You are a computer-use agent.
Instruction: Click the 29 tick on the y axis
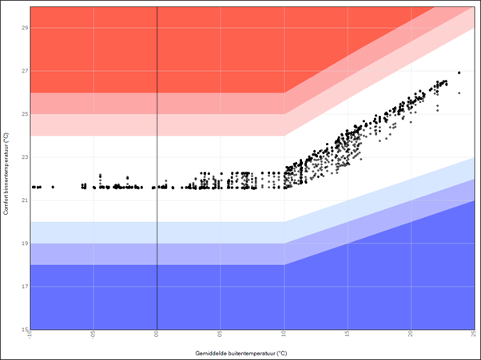pyautogui.click(x=25, y=28)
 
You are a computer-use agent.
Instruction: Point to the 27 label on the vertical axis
pyautogui.click(x=25, y=71)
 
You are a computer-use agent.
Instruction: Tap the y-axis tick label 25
pyautogui.click(x=25, y=114)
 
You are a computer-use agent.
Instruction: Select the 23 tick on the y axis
pyautogui.click(x=25, y=157)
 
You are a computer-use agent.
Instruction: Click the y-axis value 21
pyautogui.click(x=25, y=200)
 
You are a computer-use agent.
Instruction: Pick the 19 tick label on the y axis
pyautogui.click(x=25, y=243)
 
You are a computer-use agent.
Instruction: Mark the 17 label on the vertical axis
pyautogui.click(x=25, y=287)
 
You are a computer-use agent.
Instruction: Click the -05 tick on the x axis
pyautogui.click(x=93, y=334)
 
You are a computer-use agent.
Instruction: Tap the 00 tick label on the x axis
pyautogui.click(x=157, y=334)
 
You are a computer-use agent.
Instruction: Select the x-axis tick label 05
pyautogui.click(x=220, y=334)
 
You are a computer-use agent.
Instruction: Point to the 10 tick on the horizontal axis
pyautogui.click(x=284, y=334)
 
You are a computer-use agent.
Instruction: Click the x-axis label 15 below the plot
pyautogui.click(x=347, y=334)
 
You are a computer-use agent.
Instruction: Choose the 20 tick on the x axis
pyautogui.click(x=411, y=334)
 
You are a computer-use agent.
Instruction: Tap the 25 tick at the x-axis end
pyautogui.click(x=473, y=334)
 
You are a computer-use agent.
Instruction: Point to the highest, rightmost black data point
pyautogui.click(x=459, y=73)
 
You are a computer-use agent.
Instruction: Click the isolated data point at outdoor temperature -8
pyautogui.click(x=54, y=187)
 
